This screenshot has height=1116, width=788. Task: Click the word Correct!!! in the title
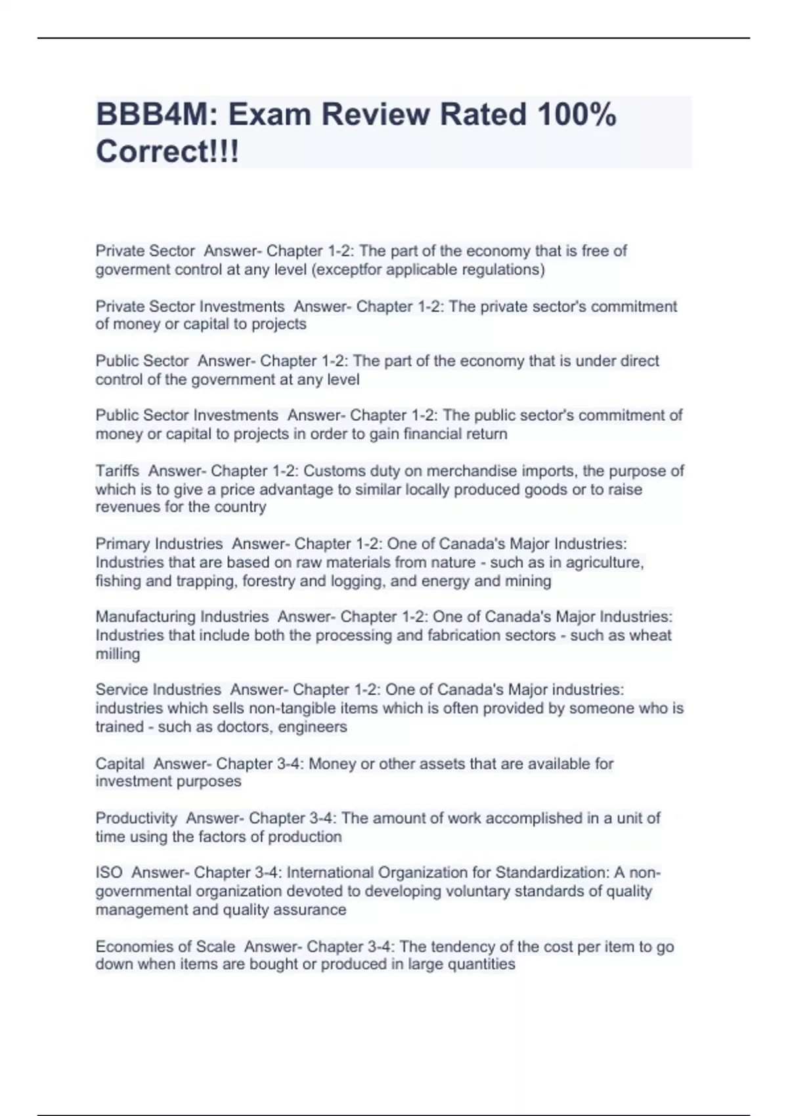(x=167, y=152)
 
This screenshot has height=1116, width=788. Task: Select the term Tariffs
(x=118, y=471)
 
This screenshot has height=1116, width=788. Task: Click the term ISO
(x=109, y=872)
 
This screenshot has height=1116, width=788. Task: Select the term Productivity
(x=137, y=819)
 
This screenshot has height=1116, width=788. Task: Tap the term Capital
(x=120, y=763)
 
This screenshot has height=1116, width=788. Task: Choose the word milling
(x=118, y=654)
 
